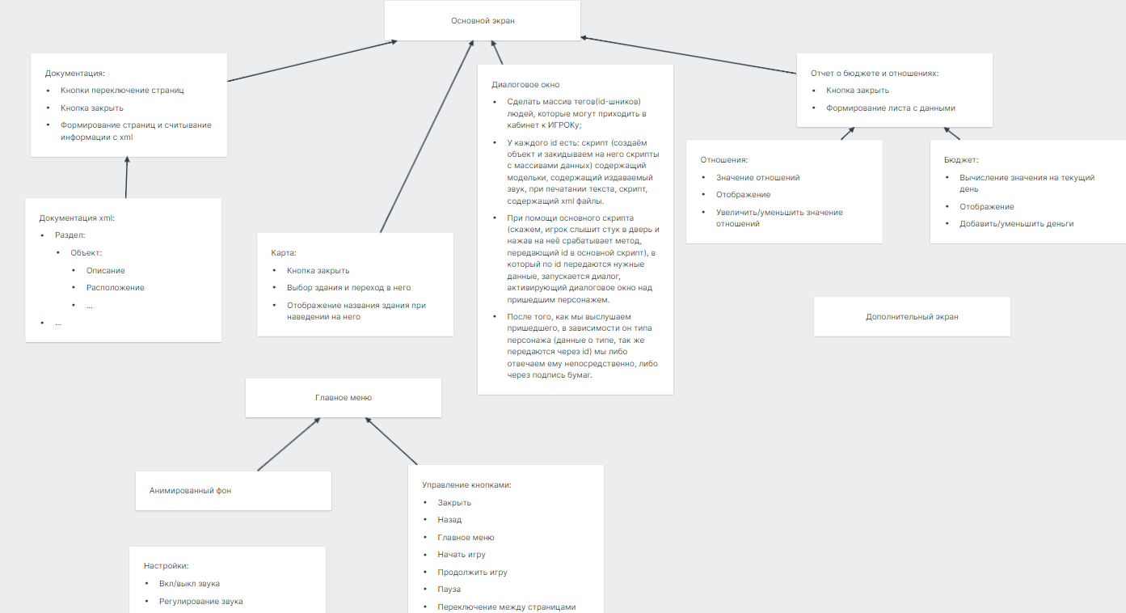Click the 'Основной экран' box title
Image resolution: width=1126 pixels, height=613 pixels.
click(483, 20)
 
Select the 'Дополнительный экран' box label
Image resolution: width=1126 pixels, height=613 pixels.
click(912, 317)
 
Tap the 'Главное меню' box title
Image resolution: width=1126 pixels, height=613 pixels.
click(344, 398)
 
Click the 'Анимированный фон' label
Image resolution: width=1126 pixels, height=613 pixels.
click(190, 491)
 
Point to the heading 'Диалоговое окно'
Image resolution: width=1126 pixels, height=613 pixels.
click(525, 84)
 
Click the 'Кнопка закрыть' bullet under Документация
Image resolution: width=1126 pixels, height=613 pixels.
click(92, 108)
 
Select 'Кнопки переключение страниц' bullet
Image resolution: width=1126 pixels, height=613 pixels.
click(122, 91)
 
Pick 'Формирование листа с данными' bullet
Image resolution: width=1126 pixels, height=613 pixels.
click(891, 108)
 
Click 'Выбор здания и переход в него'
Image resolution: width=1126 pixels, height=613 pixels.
click(349, 288)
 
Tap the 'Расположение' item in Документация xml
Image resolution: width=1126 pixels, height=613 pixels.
click(115, 288)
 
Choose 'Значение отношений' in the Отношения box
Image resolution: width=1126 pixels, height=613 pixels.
click(758, 178)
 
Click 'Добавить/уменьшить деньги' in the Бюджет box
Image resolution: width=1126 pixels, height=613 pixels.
click(1016, 224)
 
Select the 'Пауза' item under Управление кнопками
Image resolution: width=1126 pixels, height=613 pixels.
click(449, 590)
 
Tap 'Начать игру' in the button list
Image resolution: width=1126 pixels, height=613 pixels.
click(462, 555)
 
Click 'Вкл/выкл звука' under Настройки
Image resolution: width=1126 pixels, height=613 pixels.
click(189, 584)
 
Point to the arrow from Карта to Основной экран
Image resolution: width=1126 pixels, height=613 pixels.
click(427, 137)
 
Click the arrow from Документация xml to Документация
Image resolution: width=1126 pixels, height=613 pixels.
click(127, 178)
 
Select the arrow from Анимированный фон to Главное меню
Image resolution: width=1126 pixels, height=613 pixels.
click(289, 445)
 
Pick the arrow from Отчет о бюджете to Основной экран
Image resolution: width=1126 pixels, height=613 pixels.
click(689, 55)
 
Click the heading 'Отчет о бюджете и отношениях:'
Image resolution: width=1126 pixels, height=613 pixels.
click(875, 74)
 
